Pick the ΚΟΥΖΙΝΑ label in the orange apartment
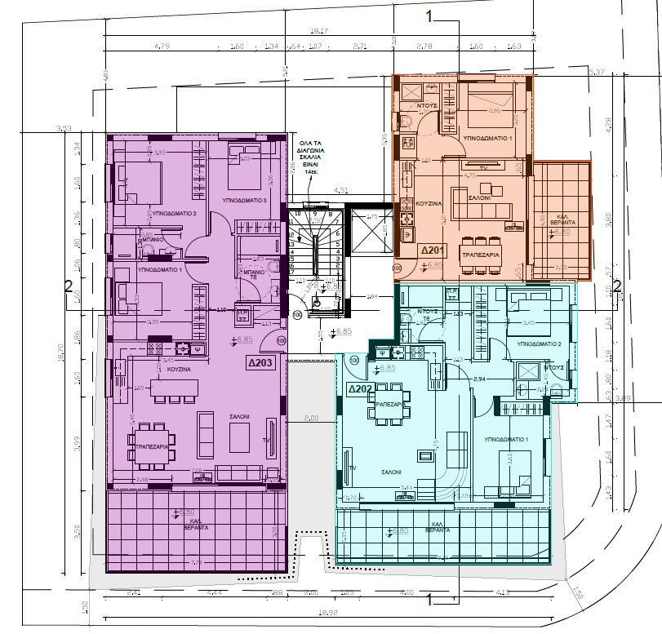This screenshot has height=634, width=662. (x=429, y=202)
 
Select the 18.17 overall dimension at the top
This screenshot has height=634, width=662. (x=319, y=32)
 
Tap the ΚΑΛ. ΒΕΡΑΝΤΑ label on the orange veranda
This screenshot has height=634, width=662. (x=561, y=220)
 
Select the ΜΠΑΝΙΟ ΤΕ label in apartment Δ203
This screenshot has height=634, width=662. (x=247, y=273)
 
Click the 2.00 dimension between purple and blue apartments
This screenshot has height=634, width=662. (x=310, y=418)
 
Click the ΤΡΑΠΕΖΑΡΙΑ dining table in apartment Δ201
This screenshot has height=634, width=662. (x=482, y=248)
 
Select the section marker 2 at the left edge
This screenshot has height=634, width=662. (x=69, y=285)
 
